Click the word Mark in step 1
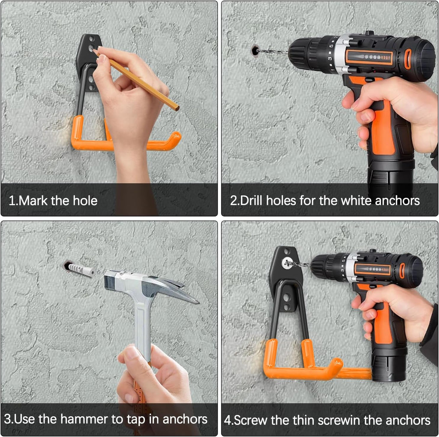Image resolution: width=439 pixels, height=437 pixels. (x=33, y=201)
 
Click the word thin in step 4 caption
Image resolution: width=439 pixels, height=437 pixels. (x=304, y=420)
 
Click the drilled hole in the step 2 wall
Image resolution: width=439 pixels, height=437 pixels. (x=255, y=51)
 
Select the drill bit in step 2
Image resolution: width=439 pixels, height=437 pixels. (x=273, y=52)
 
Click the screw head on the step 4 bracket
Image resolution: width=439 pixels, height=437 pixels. (x=286, y=263)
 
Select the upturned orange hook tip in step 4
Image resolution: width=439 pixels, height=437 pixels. (x=337, y=365)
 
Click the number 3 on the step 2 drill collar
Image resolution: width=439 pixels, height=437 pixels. (x=330, y=59)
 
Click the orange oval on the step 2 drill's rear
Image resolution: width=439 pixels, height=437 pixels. (x=408, y=59)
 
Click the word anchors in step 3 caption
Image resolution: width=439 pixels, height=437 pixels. (x=185, y=419)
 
